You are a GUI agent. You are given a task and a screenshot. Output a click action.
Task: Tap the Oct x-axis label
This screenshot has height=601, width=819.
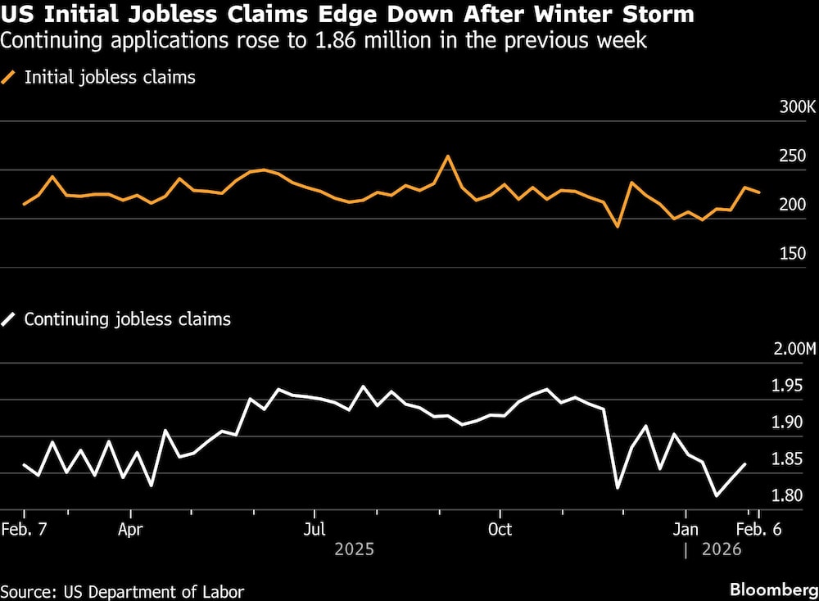pyautogui.click(x=500, y=529)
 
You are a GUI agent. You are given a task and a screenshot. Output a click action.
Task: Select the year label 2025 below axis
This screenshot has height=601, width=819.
pyautogui.click(x=354, y=549)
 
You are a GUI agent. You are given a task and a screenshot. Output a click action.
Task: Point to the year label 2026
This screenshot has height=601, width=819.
pyautogui.click(x=722, y=549)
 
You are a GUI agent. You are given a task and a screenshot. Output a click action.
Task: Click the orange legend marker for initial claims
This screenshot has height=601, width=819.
pyautogui.click(x=10, y=78)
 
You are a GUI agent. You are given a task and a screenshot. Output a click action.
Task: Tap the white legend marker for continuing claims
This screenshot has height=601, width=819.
pyautogui.click(x=10, y=319)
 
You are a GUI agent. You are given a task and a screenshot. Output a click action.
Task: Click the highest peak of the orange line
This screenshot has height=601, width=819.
pyautogui.click(x=447, y=156)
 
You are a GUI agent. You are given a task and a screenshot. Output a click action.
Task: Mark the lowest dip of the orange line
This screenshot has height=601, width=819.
pyautogui.click(x=618, y=226)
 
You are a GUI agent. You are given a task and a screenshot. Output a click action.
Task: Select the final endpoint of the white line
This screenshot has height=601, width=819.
pyautogui.click(x=745, y=464)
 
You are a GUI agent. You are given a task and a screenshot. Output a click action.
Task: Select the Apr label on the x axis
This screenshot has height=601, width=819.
pyautogui.click(x=130, y=529)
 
